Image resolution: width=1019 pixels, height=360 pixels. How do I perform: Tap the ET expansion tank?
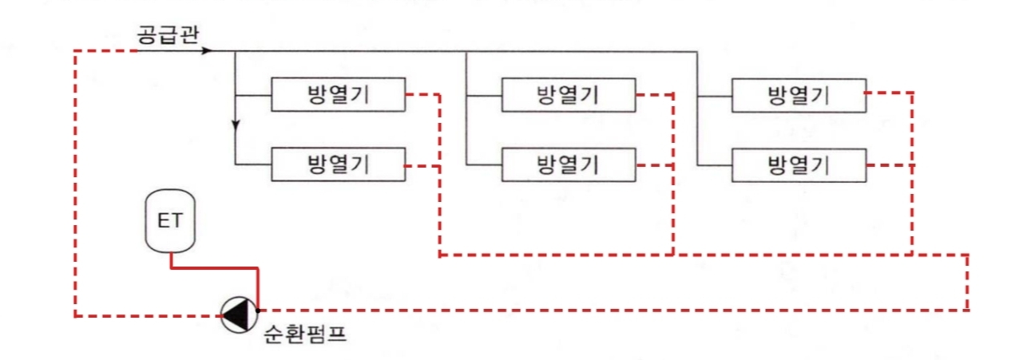[x=169, y=221]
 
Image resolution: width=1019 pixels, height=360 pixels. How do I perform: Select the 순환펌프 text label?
[x=304, y=334]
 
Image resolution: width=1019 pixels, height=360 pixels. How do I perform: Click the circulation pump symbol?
[x=236, y=315]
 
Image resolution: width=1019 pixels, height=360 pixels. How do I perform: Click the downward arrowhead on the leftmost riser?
[x=236, y=124]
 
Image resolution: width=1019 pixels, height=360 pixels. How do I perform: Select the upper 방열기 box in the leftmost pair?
[x=339, y=96]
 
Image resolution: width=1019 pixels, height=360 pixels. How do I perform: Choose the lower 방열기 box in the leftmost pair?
[x=339, y=165]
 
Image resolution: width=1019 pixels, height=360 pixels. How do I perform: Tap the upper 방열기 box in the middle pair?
[x=568, y=96]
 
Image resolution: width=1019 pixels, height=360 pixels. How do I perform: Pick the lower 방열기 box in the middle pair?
[x=568, y=165]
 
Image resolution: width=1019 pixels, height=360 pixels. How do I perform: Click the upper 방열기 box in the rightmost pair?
[x=799, y=96]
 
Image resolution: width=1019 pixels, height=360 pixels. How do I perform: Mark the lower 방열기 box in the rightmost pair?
[x=799, y=165]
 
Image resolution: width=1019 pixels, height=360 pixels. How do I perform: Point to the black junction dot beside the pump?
[x=258, y=309]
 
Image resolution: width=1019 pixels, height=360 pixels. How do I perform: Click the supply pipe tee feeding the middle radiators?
[x=466, y=52]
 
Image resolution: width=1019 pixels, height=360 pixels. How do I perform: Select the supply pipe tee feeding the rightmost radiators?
[x=697, y=52]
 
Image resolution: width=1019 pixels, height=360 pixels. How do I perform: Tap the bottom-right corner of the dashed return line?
[x=968, y=309]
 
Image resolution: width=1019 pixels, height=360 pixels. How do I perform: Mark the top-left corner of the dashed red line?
[x=75, y=51]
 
